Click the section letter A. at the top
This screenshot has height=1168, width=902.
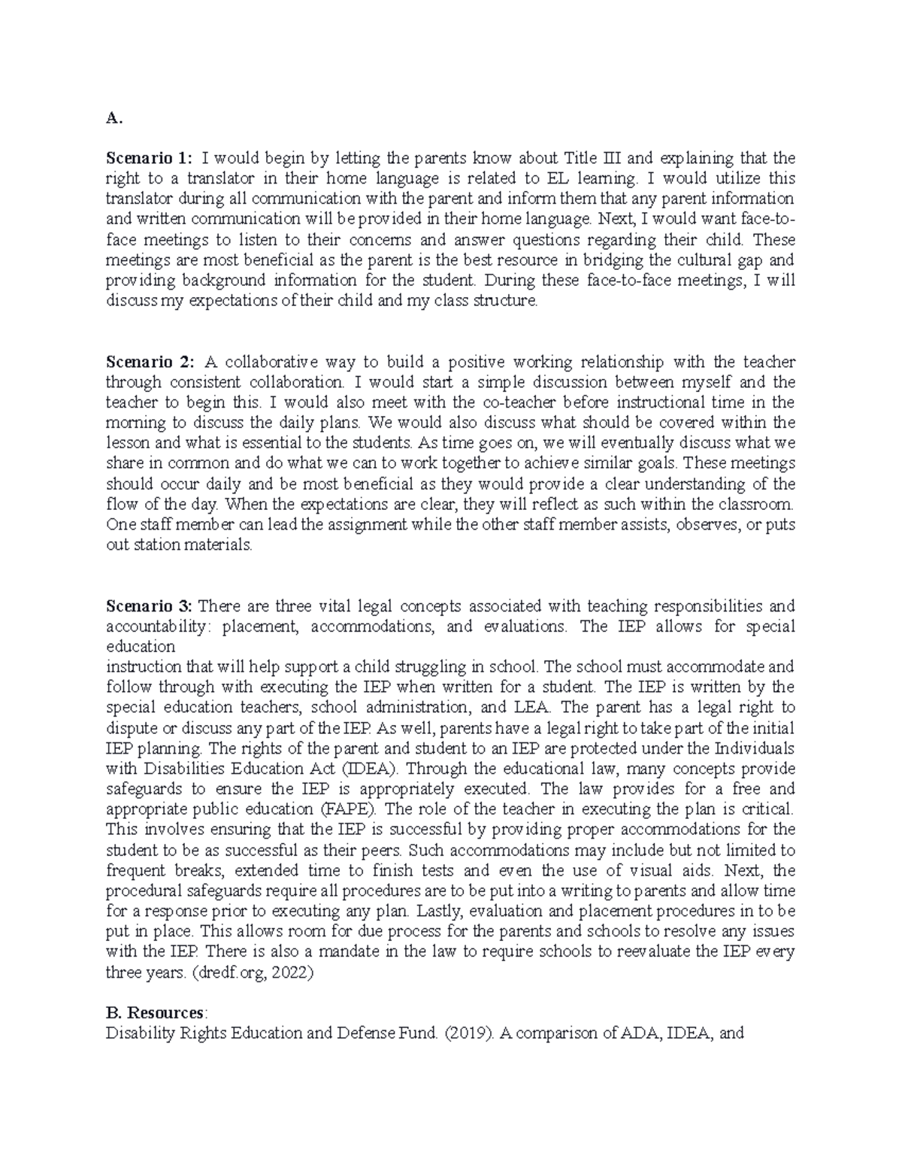coord(113,118)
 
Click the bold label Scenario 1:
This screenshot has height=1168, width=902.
coord(149,159)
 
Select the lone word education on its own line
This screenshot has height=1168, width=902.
coord(140,647)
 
